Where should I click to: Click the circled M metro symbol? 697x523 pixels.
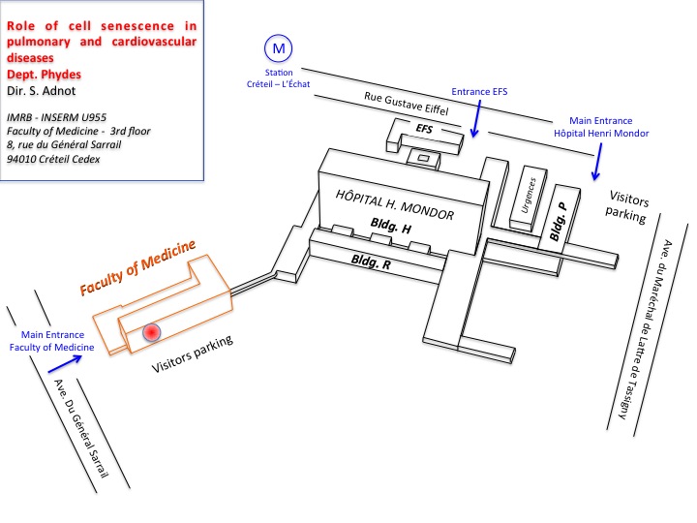point(279,46)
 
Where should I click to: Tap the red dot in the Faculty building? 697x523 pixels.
point(151,331)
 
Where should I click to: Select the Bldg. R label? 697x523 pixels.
point(371,261)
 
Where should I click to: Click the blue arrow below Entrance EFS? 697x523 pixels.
point(475,122)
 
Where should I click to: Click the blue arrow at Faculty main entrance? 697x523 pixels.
point(65,363)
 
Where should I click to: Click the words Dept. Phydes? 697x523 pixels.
point(43,73)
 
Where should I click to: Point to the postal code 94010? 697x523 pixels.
point(22,158)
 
